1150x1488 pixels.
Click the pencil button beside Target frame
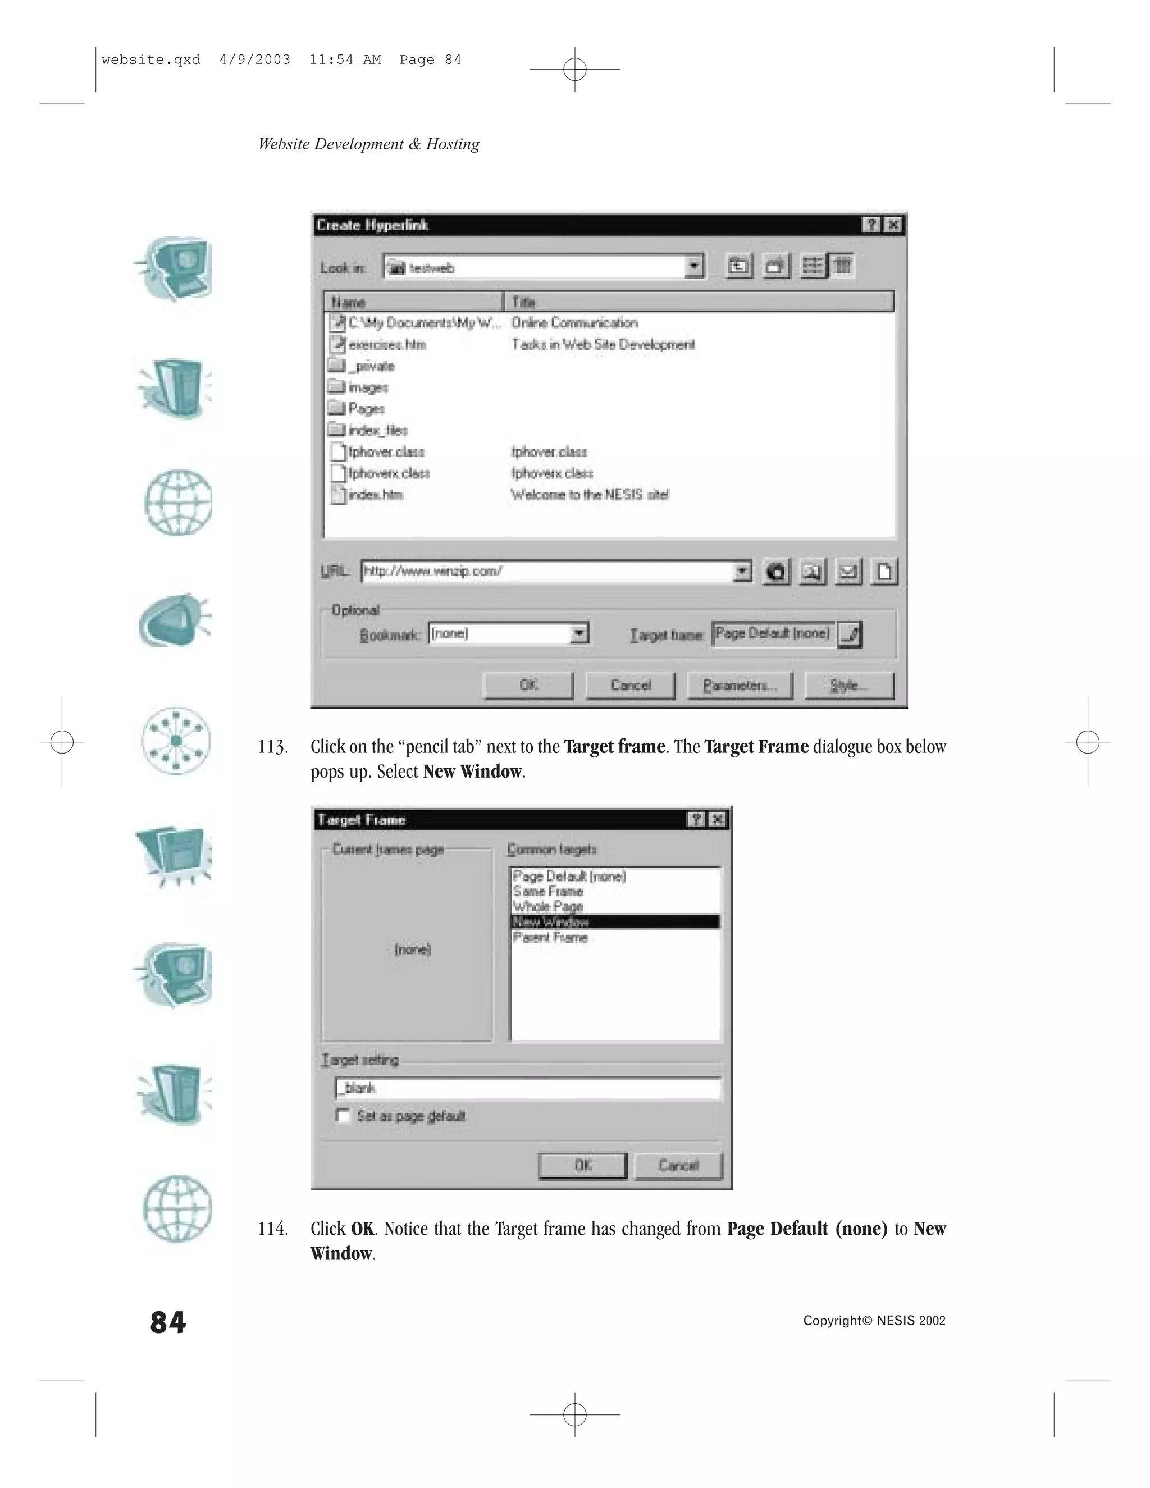coord(850,635)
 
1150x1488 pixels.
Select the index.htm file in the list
coord(375,495)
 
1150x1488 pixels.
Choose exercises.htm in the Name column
coord(386,345)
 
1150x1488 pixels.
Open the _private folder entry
coord(371,366)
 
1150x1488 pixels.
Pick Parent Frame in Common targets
coord(550,938)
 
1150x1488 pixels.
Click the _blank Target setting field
coord(528,1088)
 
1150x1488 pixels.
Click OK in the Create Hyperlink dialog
coord(528,686)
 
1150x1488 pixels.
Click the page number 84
coord(167,1322)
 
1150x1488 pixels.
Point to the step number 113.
coord(272,747)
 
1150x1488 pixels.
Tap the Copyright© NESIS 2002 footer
coord(873,1321)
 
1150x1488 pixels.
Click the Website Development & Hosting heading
coord(368,144)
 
